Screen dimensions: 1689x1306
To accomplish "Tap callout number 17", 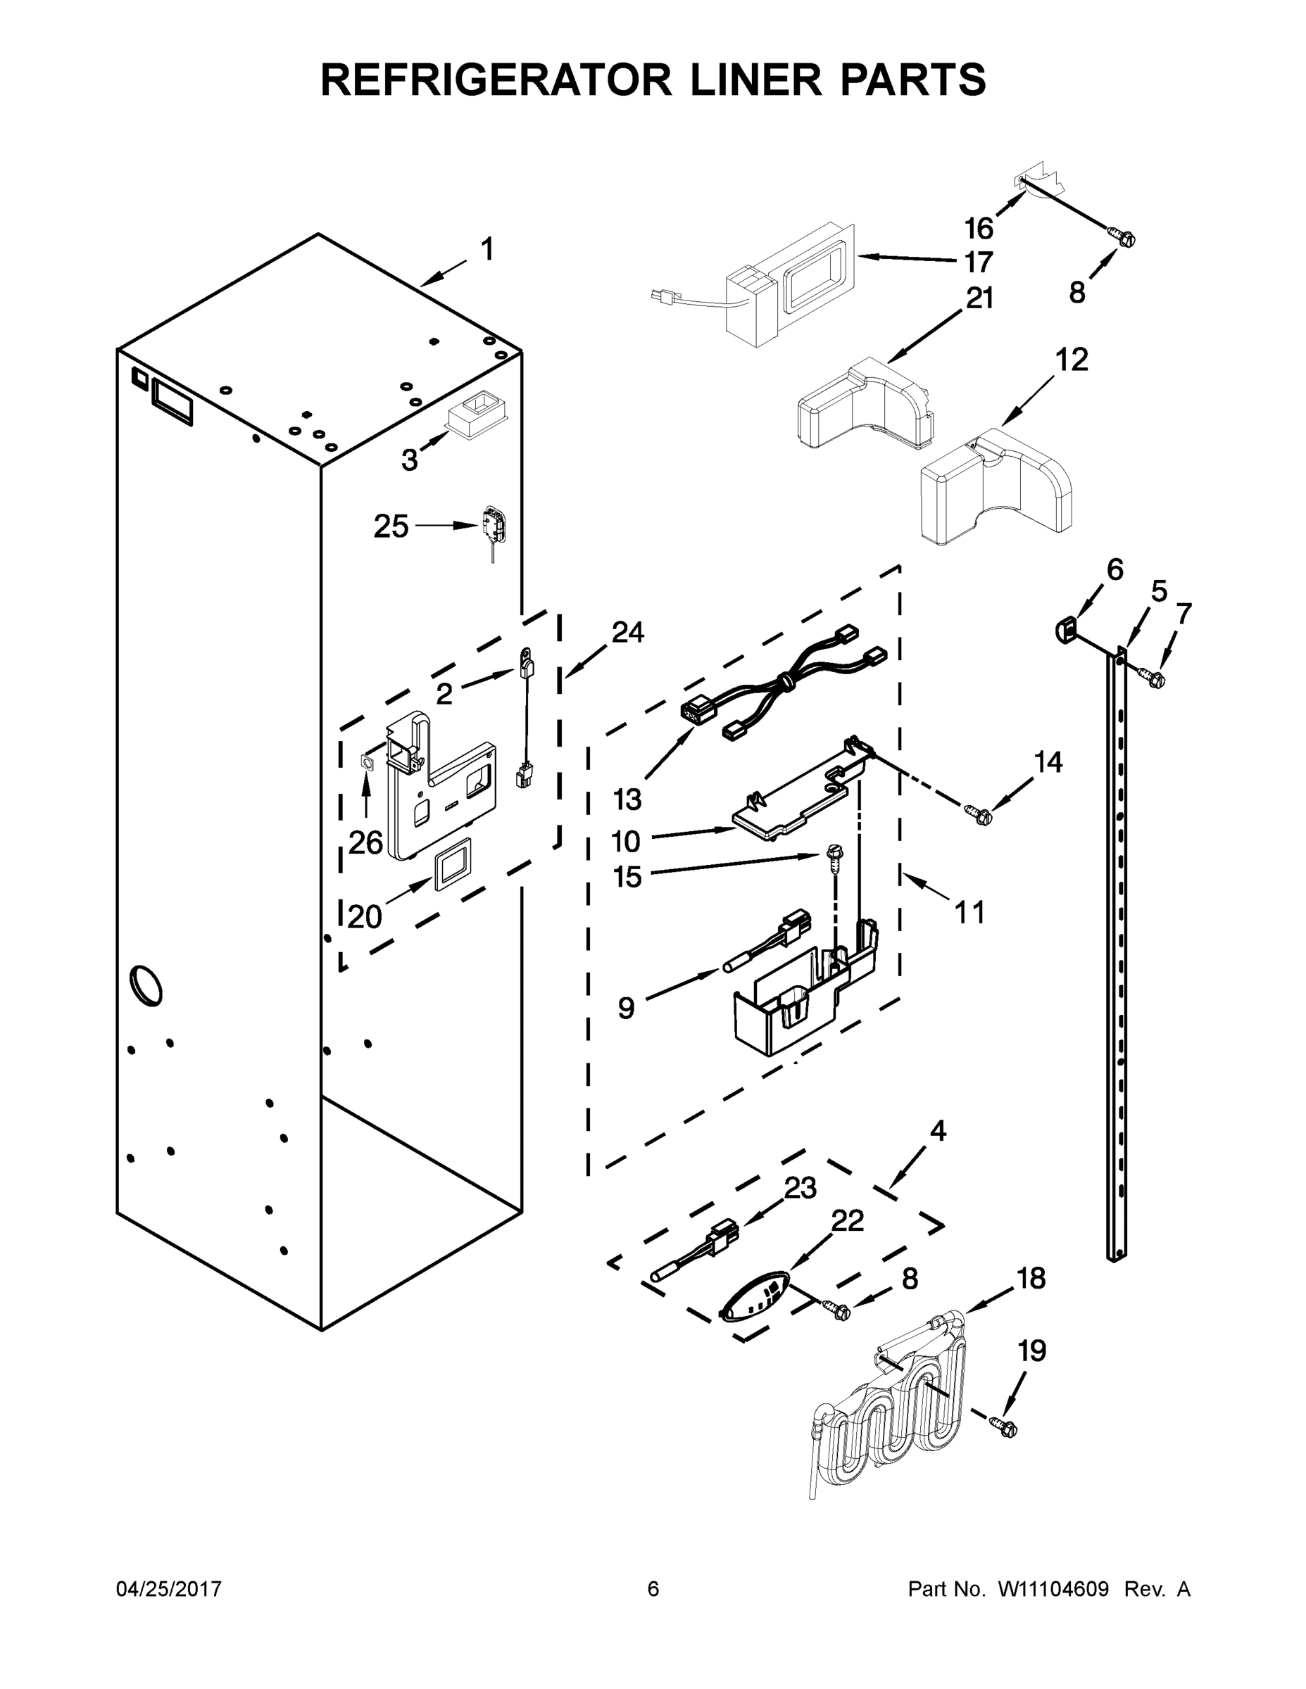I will point(979,263).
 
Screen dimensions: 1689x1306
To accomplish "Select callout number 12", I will point(1072,360).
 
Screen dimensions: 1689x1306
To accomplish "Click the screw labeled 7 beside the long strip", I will point(1156,678).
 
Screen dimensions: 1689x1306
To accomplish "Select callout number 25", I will point(391,526).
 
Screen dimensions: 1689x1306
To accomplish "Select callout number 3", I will point(409,460).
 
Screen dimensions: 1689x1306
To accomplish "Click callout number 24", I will point(627,633).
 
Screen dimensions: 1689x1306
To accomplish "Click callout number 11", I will point(969,913).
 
